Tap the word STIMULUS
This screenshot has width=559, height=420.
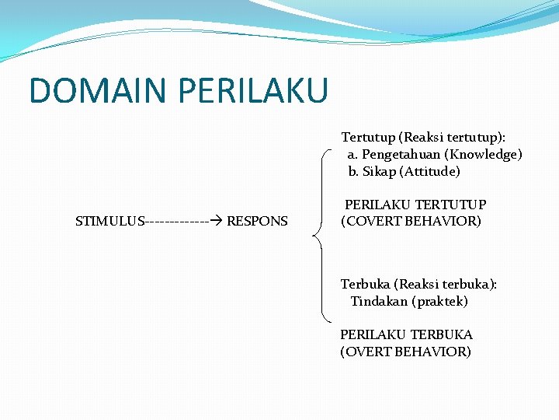[x=109, y=221]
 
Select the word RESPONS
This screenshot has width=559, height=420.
[x=257, y=221]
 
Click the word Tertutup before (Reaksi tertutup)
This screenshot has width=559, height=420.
[x=368, y=138]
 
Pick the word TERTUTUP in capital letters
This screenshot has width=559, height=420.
[x=451, y=205]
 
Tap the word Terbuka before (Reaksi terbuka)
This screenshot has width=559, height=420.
[x=366, y=285]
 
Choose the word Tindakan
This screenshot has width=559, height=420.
[x=378, y=301]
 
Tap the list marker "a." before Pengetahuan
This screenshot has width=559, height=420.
[x=352, y=155]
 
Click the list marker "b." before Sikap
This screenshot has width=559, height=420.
[x=353, y=171]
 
